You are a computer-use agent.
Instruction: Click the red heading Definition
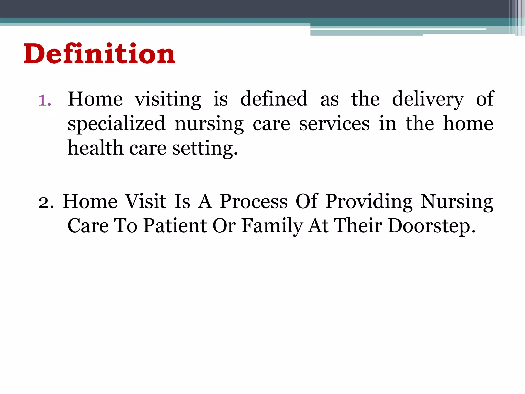click(99, 54)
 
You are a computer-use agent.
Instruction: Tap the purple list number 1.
click(45, 100)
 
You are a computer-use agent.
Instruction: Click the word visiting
click(168, 99)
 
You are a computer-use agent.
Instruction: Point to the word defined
click(274, 99)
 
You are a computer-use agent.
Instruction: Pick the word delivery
click(428, 99)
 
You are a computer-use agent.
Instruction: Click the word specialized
click(116, 124)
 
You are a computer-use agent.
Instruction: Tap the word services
click(334, 124)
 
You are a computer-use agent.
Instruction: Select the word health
click(95, 148)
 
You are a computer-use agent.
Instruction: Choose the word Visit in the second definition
click(146, 201)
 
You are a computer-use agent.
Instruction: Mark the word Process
click(254, 201)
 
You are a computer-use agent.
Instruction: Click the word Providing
click(369, 202)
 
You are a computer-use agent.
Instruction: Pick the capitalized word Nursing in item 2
click(457, 202)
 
